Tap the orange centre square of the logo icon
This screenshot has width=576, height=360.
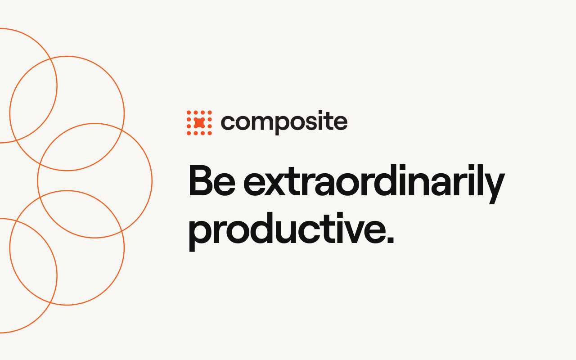click(199, 123)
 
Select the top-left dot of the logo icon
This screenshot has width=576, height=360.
click(189, 112)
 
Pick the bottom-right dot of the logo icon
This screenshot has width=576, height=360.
click(210, 133)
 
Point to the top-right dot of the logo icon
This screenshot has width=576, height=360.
click(210, 112)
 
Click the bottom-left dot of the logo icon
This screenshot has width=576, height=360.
click(189, 133)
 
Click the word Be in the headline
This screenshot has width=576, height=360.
click(212, 180)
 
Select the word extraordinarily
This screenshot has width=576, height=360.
click(374, 184)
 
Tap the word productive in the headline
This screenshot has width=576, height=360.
click(285, 232)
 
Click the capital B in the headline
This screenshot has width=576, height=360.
click(201, 180)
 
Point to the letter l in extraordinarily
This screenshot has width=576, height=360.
click(477, 180)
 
